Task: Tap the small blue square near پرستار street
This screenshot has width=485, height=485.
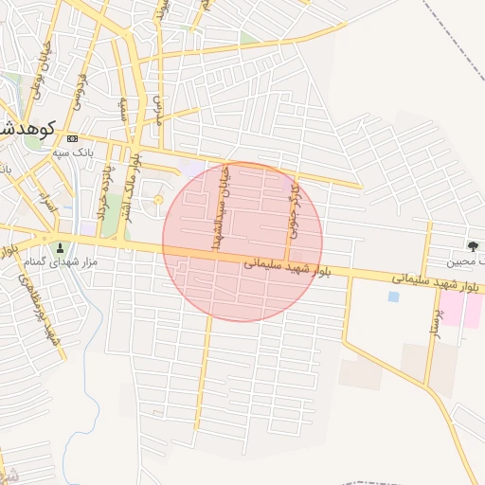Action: (393, 296)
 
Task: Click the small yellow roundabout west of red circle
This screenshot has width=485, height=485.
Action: (158, 199)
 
